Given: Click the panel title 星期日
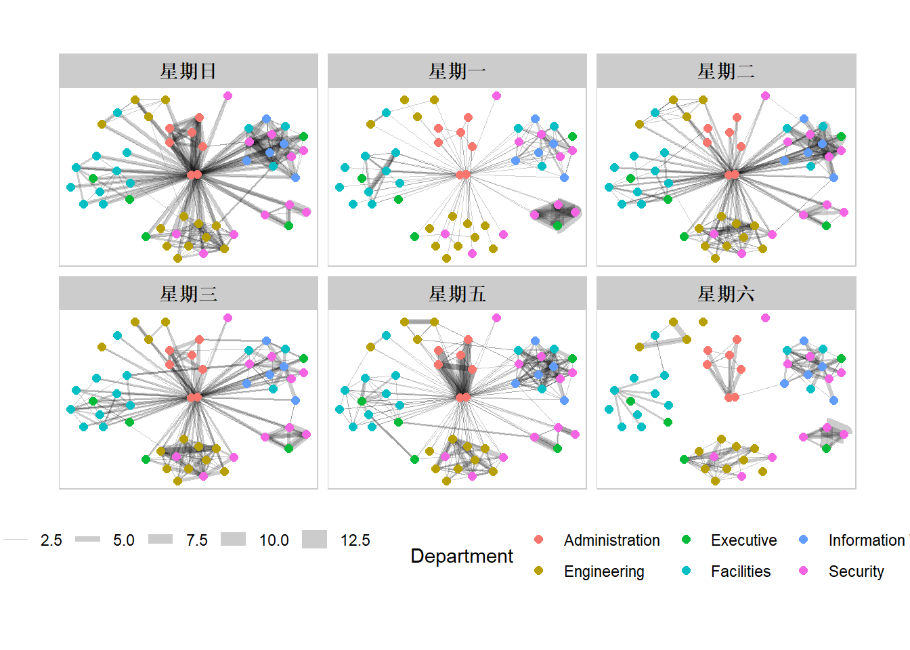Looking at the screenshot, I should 188,71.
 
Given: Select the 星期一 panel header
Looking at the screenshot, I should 457,71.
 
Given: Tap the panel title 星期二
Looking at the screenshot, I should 726,71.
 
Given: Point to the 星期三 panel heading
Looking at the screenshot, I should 188,294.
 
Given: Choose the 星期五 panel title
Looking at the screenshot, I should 457,294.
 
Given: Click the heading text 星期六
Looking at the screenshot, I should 726,294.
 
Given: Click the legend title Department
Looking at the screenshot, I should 462,556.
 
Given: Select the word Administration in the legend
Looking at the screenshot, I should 611,540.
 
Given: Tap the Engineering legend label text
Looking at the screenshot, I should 604,571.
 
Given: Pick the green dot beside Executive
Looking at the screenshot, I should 686,540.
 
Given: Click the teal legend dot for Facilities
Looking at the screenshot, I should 686,571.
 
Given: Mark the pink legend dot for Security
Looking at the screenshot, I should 804,571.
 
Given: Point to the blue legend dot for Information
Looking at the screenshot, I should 804,540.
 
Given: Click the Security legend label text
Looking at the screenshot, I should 856,571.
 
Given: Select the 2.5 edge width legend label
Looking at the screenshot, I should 51,540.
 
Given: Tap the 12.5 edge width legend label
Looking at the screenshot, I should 355,540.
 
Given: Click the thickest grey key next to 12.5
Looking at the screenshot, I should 314,540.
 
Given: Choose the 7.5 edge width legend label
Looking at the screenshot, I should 196,540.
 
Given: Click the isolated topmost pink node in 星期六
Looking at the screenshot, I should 765,318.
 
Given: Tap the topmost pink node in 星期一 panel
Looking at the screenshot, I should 496,96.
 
